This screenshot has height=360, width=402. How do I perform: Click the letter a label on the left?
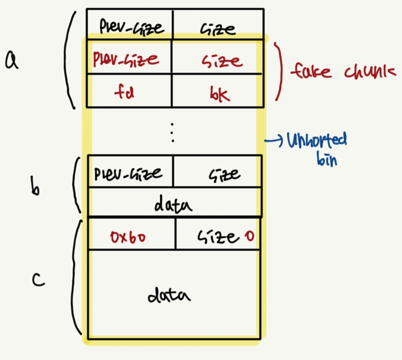tap(12, 61)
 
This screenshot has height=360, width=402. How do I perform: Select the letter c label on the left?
tap(38, 280)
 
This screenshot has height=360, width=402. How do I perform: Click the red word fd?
tap(124, 92)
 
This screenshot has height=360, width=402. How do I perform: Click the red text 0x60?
tap(128, 237)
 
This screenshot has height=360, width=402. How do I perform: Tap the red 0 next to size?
tap(250, 236)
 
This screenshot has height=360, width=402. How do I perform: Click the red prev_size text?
tap(126, 59)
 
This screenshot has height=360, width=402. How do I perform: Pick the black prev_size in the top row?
tap(131, 27)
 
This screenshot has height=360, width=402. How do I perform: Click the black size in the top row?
tap(218, 29)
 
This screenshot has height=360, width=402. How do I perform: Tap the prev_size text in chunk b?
tap(128, 174)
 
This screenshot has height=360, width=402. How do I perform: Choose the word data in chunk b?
tap(173, 205)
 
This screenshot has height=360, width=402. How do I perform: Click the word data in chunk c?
tap(169, 295)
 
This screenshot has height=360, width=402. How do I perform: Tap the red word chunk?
tap(370, 72)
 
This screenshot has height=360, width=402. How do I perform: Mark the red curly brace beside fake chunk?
tap(279, 72)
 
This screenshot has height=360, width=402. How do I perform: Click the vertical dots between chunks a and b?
tap(172, 132)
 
